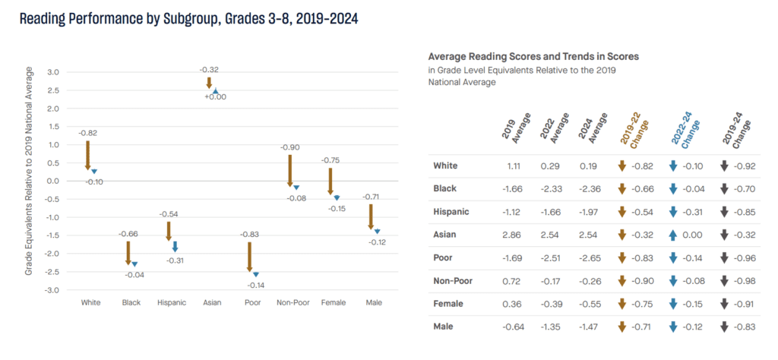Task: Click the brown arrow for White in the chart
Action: click(87, 155)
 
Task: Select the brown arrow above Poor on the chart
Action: click(249, 256)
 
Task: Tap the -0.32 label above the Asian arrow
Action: click(209, 70)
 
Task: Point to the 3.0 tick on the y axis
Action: click(53, 72)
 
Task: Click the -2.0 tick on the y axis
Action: click(52, 254)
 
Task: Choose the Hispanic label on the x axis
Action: click(171, 302)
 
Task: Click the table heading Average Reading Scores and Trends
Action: click(533, 56)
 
